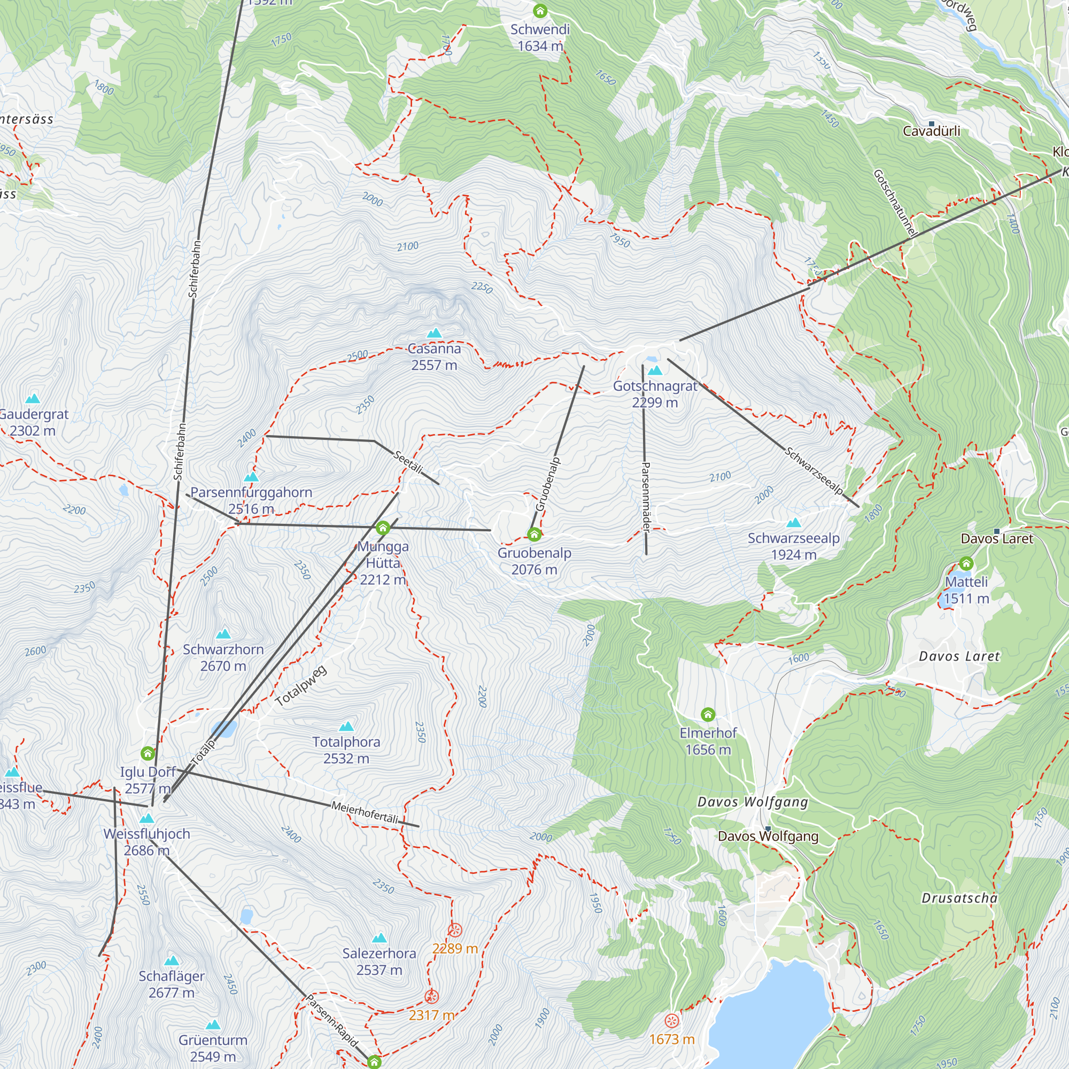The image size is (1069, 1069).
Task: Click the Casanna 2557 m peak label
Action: [x=434, y=357]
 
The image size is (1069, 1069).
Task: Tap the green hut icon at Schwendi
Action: [x=540, y=11]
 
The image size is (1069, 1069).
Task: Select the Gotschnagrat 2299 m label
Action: [x=655, y=394]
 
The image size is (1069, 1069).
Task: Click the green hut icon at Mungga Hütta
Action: [x=382, y=528]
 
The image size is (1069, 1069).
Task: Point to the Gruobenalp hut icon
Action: [x=534, y=534]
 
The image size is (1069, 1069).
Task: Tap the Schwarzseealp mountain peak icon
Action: [x=793, y=523]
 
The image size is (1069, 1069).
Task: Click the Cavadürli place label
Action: [x=931, y=131]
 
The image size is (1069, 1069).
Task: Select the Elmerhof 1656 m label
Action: [x=708, y=741]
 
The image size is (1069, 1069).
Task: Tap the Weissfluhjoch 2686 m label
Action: [x=146, y=842]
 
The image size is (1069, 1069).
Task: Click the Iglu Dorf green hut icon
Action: [x=147, y=753]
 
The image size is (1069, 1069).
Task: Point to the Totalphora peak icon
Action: [x=346, y=726]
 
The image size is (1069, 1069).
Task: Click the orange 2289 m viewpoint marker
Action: [x=455, y=930]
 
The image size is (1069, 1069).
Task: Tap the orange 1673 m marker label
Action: [x=671, y=1039]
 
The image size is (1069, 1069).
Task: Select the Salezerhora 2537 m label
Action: [x=379, y=961]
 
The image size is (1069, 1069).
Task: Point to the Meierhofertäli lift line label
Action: [x=365, y=812]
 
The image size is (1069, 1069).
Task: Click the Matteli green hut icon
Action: [x=966, y=563]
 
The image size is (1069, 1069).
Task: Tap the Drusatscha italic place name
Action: [x=959, y=898]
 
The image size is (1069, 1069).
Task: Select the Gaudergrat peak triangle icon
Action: [x=33, y=398]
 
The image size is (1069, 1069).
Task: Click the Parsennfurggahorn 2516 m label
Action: [x=251, y=500]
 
